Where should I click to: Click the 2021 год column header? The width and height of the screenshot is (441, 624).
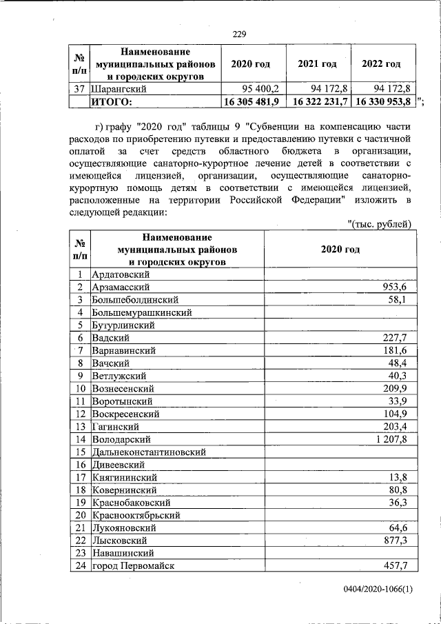pyautogui.click(x=317, y=64)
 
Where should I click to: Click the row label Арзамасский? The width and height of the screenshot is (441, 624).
pyautogui.click(x=121, y=287)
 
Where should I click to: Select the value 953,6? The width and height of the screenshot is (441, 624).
pyautogui.click(x=395, y=287)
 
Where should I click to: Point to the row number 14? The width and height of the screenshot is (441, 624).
pyautogui.click(x=81, y=439)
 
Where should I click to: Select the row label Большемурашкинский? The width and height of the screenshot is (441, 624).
pyautogui.click(x=142, y=312)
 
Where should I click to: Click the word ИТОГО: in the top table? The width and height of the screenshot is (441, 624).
pyautogui.click(x=112, y=101)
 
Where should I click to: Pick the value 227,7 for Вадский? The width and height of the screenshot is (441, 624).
pyautogui.click(x=395, y=337)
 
